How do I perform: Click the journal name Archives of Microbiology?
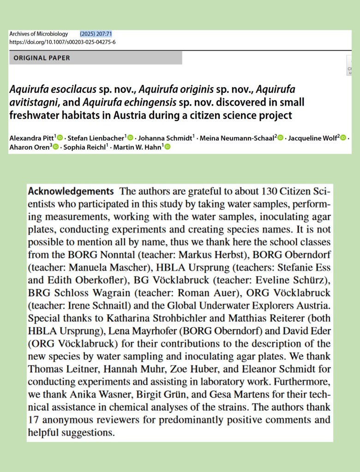[38, 34]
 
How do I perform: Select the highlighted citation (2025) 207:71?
[96, 34]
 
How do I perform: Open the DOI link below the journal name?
[62, 42]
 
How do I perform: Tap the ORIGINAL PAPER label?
[42, 58]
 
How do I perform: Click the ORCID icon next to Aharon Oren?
[55, 147]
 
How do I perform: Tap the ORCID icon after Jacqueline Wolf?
[343, 137]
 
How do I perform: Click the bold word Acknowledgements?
[71, 191]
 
